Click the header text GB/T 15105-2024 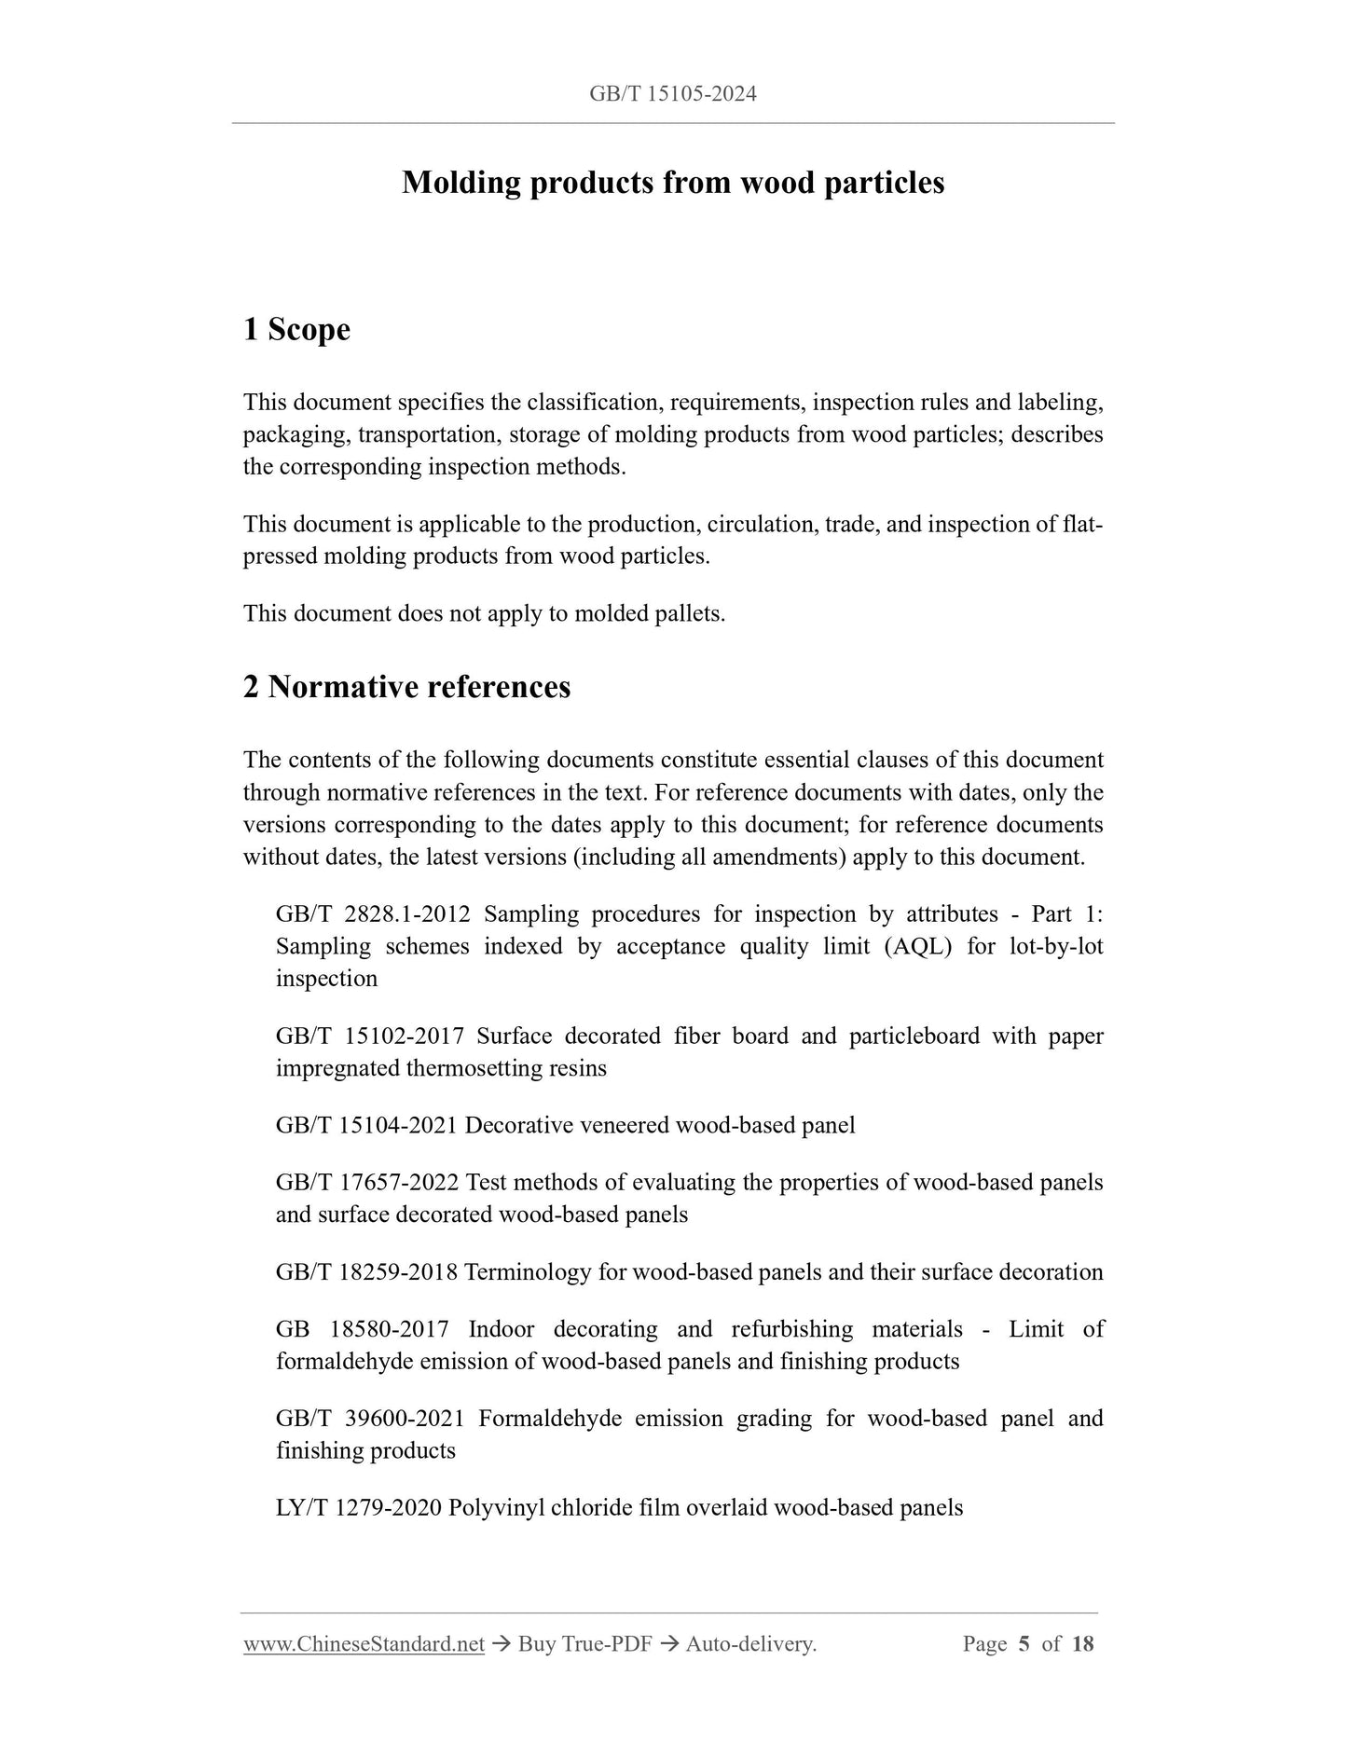click(672, 93)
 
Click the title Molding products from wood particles click(672, 183)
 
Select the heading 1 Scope click(296, 329)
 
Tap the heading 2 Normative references click(406, 687)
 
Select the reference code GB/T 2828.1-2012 click(373, 913)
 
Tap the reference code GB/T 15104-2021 click(366, 1125)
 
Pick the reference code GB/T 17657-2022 click(366, 1182)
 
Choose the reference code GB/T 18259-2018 click(366, 1271)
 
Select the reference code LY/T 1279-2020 click(359, 1507)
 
